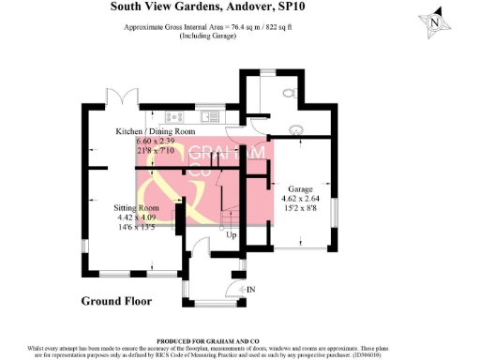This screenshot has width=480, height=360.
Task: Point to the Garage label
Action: pos(300,188)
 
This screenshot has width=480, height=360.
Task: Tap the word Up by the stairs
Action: pos(231,234)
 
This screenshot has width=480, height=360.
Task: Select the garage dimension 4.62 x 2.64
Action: pos(301,199)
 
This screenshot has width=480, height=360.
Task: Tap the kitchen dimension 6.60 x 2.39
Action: pos(156,141)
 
